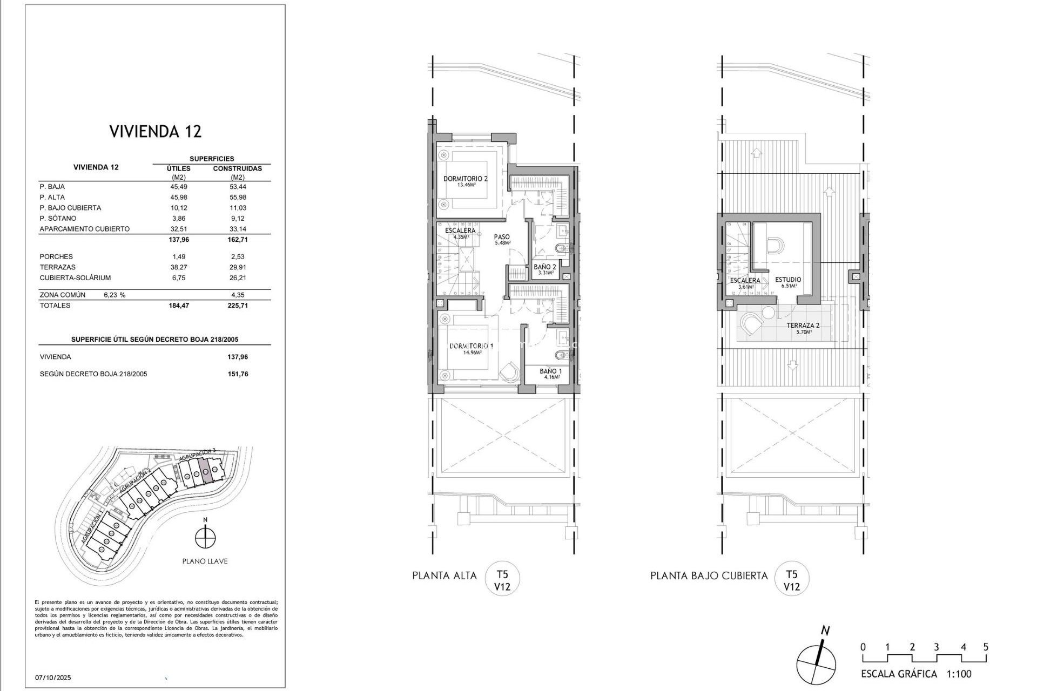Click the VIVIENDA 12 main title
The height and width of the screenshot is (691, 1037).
click(156, 131)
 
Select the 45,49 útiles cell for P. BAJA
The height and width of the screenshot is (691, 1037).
click(178, 187)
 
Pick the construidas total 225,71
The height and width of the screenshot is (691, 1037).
click(237, 306)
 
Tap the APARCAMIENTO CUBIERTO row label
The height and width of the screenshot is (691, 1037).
click(84, 229)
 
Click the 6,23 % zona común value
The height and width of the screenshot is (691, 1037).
click(114, 295)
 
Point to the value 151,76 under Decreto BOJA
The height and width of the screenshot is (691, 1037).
click(238, 374)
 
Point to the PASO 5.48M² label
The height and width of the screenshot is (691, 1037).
click(502, 239)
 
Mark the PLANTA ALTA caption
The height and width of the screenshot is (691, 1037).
click(444, 575)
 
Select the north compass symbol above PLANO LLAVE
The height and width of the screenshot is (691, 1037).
click(205, 538)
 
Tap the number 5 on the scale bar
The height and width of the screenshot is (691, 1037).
click(986, 647)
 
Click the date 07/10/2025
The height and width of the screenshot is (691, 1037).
click(53, 678)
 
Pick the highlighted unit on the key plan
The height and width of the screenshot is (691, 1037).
click(205, 470)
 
